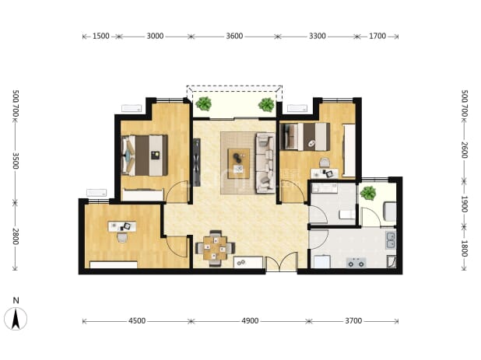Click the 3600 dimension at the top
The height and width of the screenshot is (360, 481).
(x=234, y=36)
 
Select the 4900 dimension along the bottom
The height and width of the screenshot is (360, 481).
(x=250, y=321)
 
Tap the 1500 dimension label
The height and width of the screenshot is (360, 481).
(x=101, y=36)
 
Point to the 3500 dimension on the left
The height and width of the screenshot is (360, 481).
(x=16, y=160)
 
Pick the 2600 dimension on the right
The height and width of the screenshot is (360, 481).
(x=465, y=150)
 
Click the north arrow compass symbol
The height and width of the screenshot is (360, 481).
(x=16, y=318)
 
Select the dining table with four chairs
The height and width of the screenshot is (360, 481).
(x=216, y=248)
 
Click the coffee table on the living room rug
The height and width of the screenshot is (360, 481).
(x=238, y=163)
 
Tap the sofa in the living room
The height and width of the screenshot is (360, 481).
(x=265, y=163)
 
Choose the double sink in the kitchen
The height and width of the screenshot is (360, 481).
(x=391, y=240)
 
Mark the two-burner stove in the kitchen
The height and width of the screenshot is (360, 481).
(x=356, y=263)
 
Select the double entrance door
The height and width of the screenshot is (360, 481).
(x=281, y=262)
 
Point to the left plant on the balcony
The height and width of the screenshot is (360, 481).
(x=203, y=103)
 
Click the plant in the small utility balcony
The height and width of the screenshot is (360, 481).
(x=368, y=193)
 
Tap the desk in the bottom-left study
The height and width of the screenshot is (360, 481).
(x=122, y=226)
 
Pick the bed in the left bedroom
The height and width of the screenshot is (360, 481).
(x=145, y=156)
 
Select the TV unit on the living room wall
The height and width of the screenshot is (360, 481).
(x=197, y=163)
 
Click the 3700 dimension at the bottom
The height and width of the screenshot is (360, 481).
(x=353, y=321)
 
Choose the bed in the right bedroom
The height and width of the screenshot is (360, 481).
(x=305, y=137)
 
